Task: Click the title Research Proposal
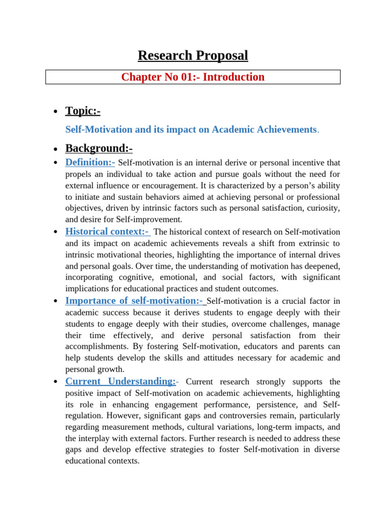193,55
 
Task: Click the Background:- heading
99,148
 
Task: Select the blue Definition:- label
90,162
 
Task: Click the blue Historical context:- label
107,231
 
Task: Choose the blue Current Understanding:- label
121,381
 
